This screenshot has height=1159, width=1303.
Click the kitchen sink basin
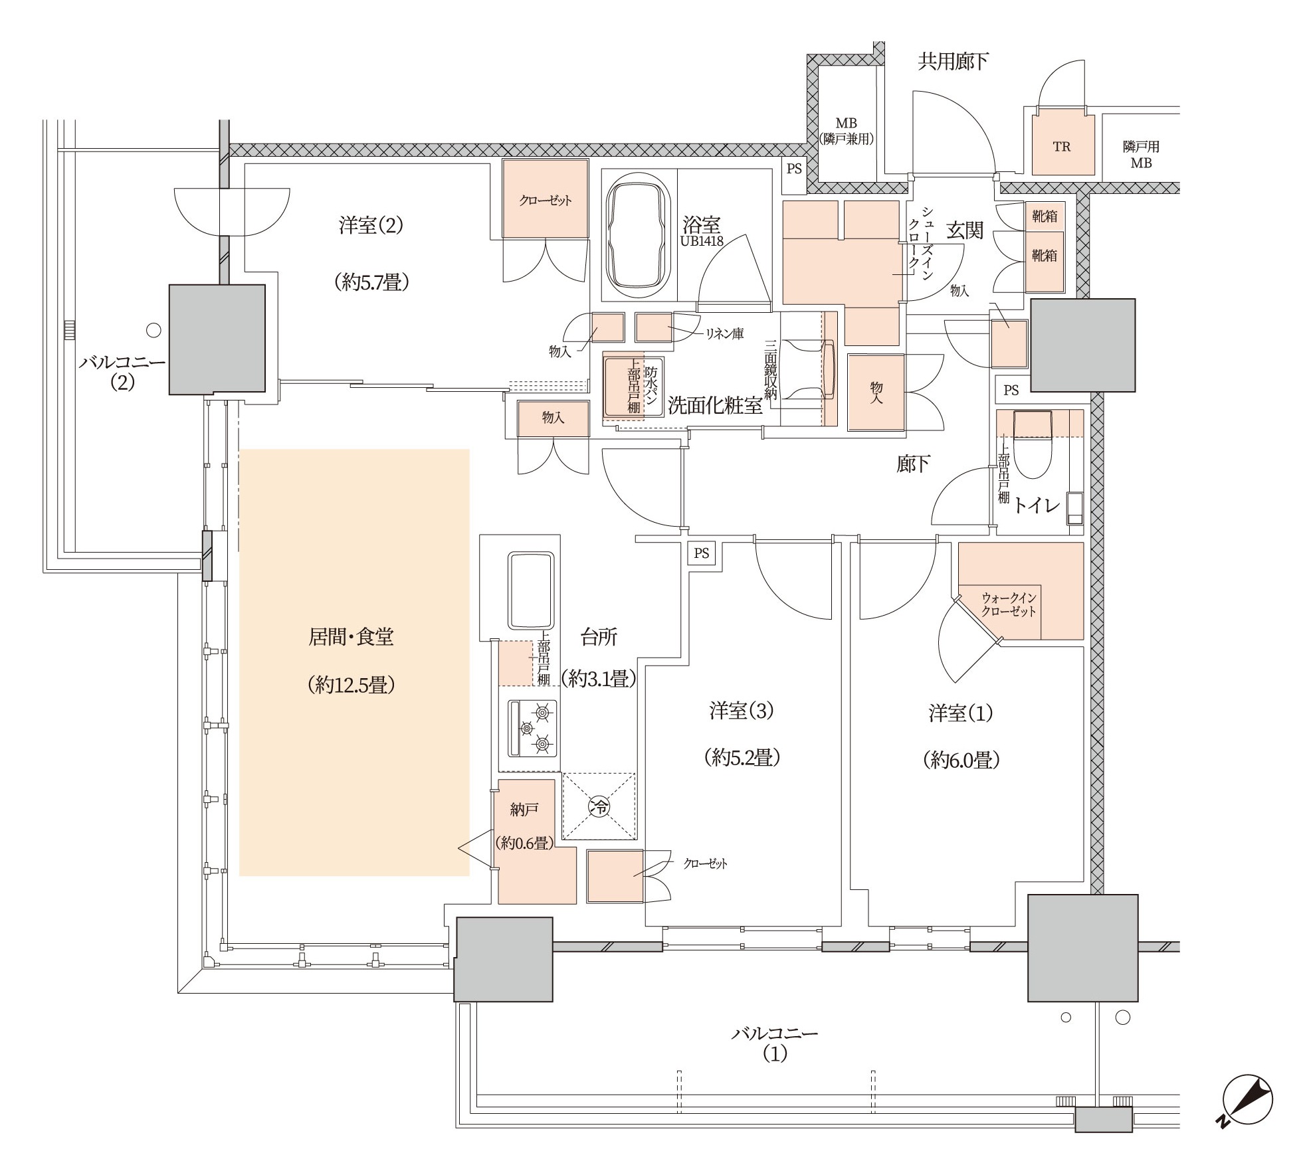[x=531, y=590]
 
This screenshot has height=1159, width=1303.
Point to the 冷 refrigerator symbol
[x=599, y=806]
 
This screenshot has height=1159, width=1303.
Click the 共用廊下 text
[x=953, y=62]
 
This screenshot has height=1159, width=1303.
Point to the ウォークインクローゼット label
[x=1009, y=604]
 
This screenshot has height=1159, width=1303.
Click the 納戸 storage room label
[x=524, y=809]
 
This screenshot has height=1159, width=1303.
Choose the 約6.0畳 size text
[x=961, y=759]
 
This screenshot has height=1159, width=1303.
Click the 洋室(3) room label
[x=742, y=711]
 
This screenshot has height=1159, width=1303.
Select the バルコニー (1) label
[x=775, y=1043]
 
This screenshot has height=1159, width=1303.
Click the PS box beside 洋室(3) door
[x=702, y=553]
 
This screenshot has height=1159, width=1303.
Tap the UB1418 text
[x=701, y=242]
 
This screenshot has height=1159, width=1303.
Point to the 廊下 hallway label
[x=913, y=464]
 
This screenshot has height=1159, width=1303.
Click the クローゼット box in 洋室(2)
[x=546, y=199]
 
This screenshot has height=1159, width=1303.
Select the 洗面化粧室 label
[x=715, y=405]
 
